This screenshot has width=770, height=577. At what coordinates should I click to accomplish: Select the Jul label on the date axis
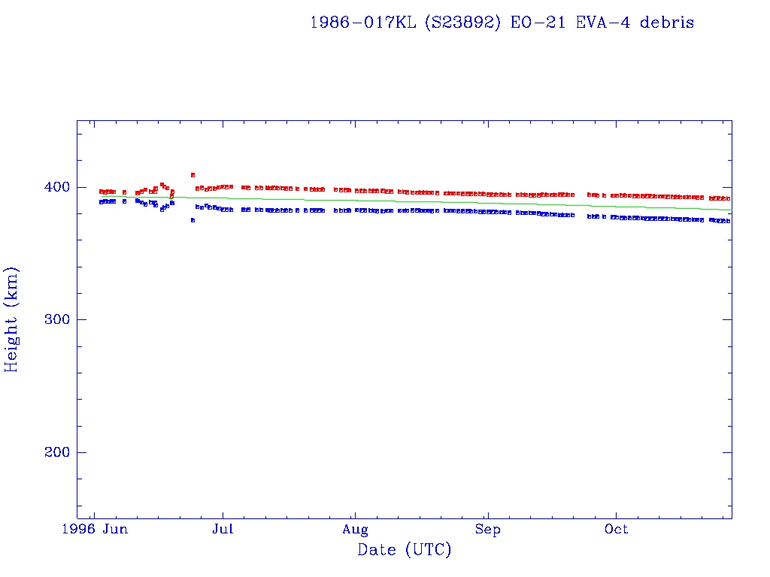tap(223, 530)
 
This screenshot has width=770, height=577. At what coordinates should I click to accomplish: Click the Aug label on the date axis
tap(355, 530)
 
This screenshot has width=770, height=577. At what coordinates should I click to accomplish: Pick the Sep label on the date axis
tap(488, 530)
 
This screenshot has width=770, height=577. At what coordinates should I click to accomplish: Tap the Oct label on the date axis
tap(617, 530)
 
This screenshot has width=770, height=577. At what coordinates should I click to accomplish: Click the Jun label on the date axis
tap(115, 530)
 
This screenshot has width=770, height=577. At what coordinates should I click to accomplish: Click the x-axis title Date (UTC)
tap(405, 550)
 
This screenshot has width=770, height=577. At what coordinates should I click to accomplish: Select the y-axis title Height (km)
tap(11, 319)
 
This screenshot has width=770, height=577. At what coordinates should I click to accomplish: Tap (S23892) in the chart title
tap(462, 23)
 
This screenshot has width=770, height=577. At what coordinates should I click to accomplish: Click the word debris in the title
tap(667, 23)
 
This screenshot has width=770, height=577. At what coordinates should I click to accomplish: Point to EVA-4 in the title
tap(604, 23)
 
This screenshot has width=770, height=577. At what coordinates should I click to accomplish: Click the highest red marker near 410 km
tap(193, 175)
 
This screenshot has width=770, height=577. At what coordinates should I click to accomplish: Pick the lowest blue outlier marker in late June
tap(193, 220)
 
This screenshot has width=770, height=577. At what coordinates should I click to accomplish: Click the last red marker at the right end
tap(728, 198)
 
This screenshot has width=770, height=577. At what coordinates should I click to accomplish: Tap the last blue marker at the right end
tap(728, 221)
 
